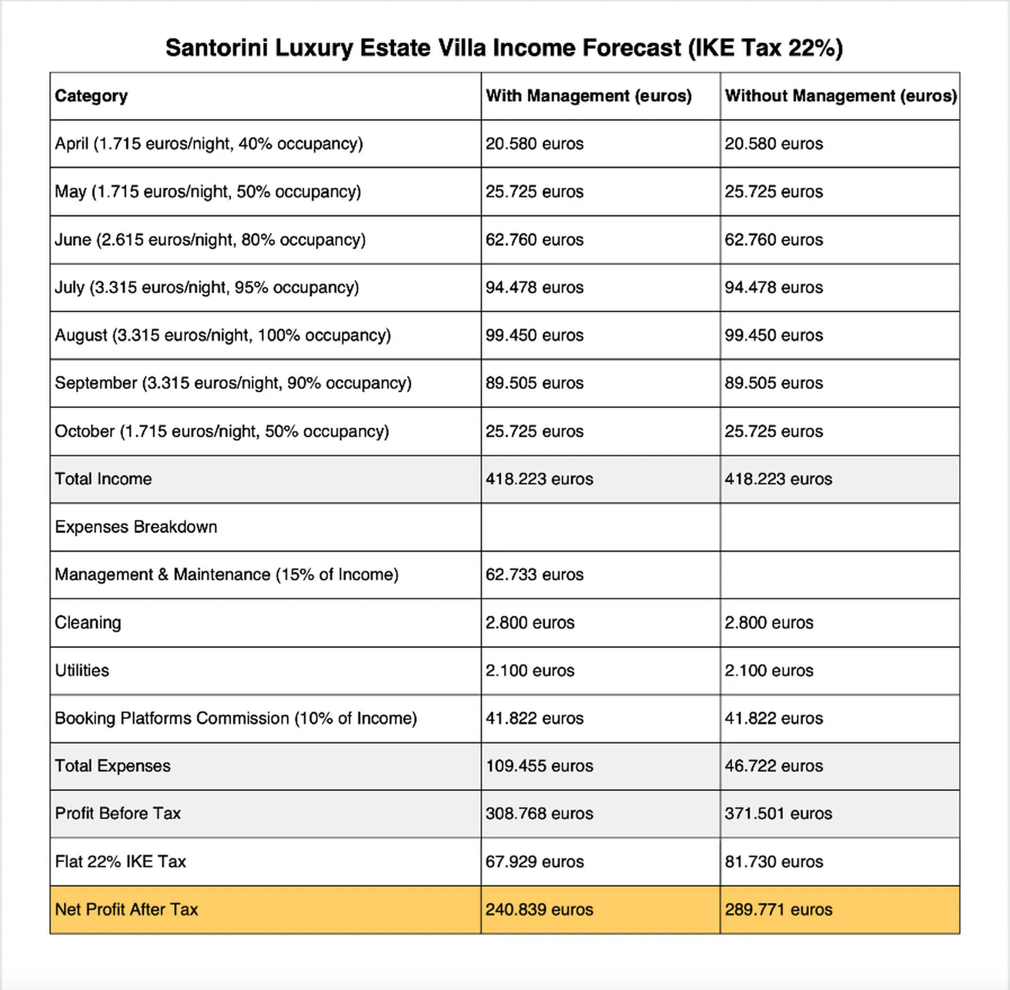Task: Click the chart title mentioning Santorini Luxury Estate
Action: click(x=504, y=48)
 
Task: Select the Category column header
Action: click(x=91, y=96)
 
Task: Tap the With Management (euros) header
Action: click(x=588, y=96)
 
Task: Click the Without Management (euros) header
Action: click(x=840, y=96)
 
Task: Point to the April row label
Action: click(x=208, y=144)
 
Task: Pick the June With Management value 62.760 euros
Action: click(x=534, y=239)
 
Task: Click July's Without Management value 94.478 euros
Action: click(x=773, y=287)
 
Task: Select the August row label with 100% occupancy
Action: click(x=222, y=335)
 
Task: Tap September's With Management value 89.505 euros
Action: click(x=534, y=383)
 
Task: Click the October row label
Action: click(x=221, y=431)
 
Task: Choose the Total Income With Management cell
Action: click(x=539, y=479)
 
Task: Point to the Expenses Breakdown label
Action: click(x=136, y=527)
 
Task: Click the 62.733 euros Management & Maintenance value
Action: click(x=534, y=574)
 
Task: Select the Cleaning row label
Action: click(x=88, y=622)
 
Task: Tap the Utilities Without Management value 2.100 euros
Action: click(x=768, y=670)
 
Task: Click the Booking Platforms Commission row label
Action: click(x=235, y=718)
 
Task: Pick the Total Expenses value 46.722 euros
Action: click(x=773, y=766)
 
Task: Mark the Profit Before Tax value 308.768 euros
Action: click(x=539, y=813)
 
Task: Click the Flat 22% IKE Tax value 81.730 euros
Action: click(x=773, y=862)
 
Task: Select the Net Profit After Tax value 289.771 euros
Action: click(x=778, y=909)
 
